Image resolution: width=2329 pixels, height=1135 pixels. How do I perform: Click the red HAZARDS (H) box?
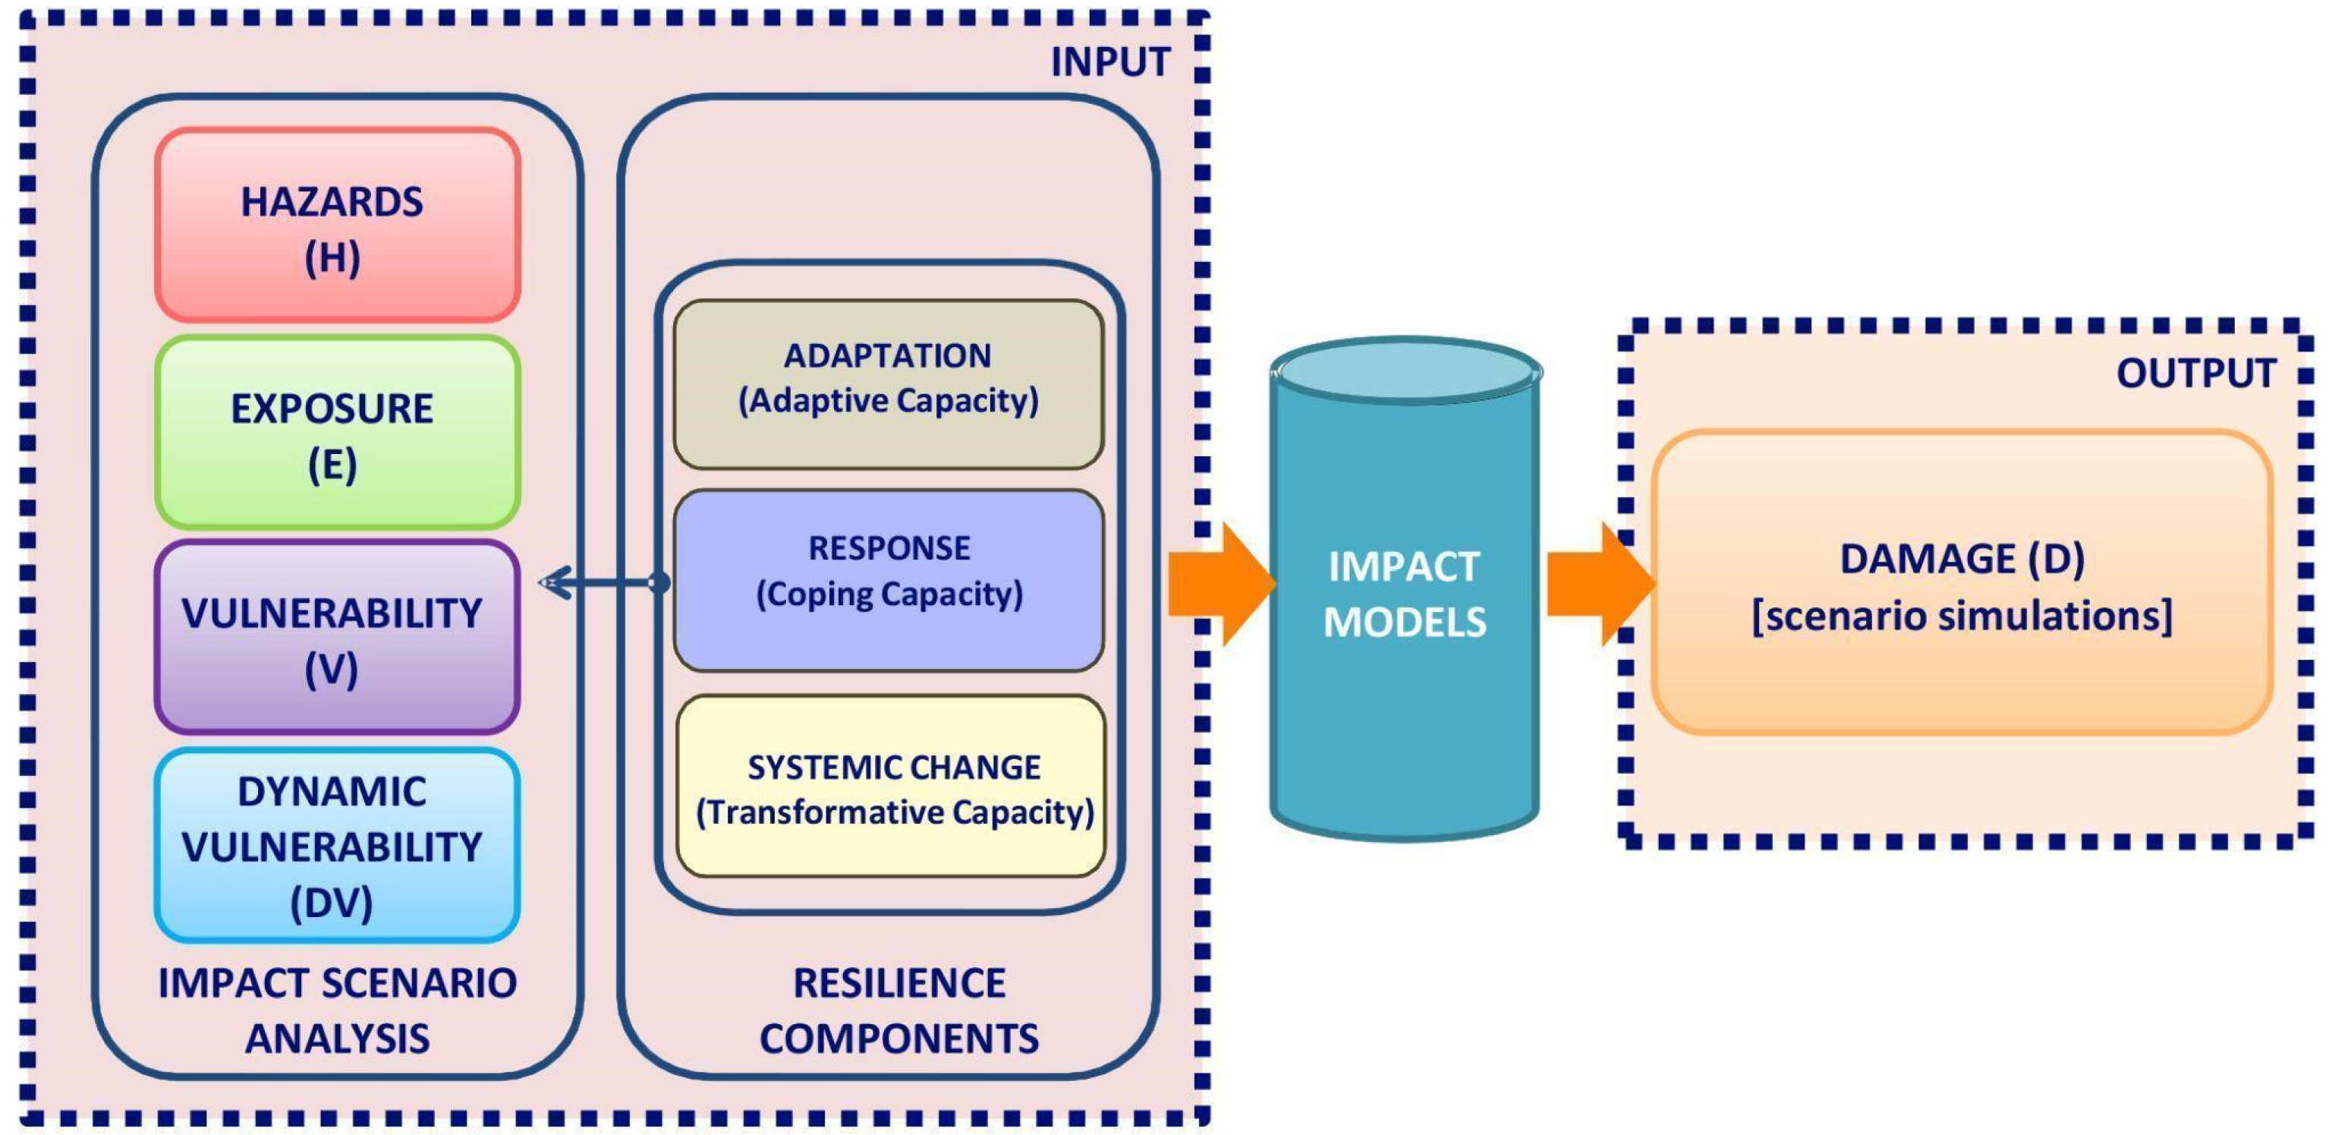coord(337,225)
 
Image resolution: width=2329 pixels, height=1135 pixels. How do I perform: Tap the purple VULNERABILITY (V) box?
coord(337,638)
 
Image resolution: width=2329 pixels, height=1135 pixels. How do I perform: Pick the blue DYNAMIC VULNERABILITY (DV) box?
coord(337,846)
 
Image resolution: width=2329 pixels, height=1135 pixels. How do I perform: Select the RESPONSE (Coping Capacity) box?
coord(889,579)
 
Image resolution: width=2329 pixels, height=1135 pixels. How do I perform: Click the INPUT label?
coord(1109,61)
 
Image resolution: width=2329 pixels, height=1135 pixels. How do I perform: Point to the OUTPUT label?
coord(2195,373)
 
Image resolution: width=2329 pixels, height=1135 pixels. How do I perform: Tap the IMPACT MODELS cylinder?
coord(1404,633)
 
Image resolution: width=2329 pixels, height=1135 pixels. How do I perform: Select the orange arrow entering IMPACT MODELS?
coord(1220,583)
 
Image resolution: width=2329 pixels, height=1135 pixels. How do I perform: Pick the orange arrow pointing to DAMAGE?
coord(1598,583)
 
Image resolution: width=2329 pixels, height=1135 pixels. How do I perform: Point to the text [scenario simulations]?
coord(1962,616)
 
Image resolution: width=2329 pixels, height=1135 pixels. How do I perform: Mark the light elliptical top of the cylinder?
coord(1406,370)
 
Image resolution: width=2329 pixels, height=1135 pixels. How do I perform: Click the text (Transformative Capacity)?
coord(894,812)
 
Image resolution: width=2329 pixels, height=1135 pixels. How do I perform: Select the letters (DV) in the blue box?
coord(332,902)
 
